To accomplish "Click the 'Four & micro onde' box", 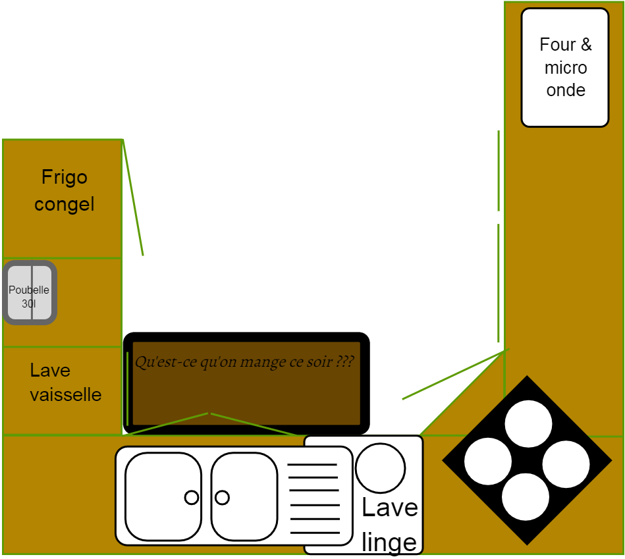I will click(x=564, y=67).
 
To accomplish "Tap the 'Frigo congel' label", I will click(x=65, y=191).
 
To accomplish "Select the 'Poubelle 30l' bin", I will click(x=30, y=292).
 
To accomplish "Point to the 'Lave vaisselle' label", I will click(x=65, y=383).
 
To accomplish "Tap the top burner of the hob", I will click(x=528, y=423).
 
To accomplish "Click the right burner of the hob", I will click(x=566, y=464).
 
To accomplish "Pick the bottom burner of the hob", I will click(x=526, y=496).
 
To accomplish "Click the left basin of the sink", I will click(x=163, y=496).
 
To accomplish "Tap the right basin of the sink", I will click(x=244, y=496).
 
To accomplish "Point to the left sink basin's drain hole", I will click(x=192, y=497).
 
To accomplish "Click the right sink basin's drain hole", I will click(x=223, y=497).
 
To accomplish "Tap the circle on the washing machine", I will click(x=380, y=467).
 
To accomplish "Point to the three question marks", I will click(x=344, y=361).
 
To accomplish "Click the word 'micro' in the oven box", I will click(x=566, y=67).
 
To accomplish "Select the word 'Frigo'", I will click(x=65, y=177).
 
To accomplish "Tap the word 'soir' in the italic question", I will click(x=317, y=361).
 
